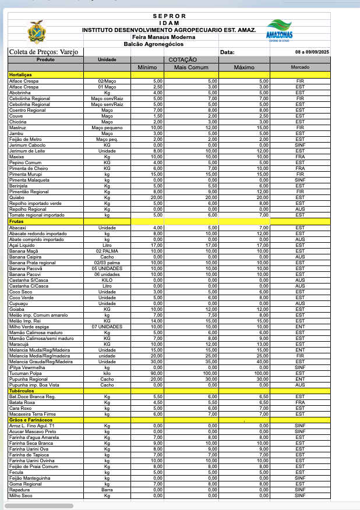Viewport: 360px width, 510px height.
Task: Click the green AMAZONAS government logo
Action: [280, 30]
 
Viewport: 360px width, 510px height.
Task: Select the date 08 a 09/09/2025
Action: [312, 52]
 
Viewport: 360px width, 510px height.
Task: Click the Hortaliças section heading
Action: [20, 75]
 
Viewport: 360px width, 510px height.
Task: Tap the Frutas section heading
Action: [17, 221]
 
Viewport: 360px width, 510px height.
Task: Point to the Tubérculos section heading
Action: [22, 391]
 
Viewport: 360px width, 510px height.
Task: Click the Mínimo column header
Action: [147, 67]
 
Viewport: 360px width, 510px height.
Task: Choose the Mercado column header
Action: [300, 67]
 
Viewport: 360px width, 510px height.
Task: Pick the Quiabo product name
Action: [16, 197]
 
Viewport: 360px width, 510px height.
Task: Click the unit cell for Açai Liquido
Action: [107, 245]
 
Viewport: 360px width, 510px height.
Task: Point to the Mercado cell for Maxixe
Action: [300, 157]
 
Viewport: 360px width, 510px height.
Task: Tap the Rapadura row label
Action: [19, 490]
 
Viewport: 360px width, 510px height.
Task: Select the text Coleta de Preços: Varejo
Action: [39, 52]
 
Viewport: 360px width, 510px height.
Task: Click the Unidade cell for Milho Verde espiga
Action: [107, 327]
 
